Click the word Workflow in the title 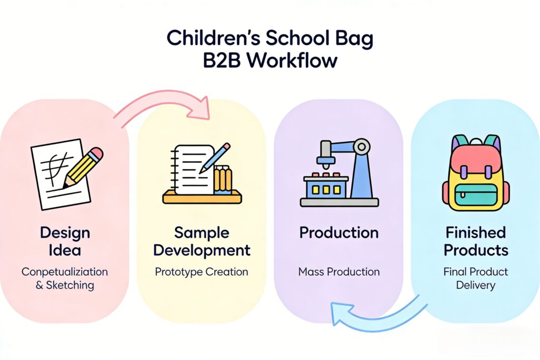click(x=292, y=61)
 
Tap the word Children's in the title click(x=213, y=38)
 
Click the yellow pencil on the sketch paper click(x=83, y=168)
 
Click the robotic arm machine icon click(x=339, y=172)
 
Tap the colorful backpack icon click(x=476, y=173)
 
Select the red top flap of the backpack click(x=476, y=158)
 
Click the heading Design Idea click(x=65, y=241)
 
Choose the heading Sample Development click(x=202, y=241)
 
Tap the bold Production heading click(x=339, y=233)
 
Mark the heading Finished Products click(x=476, y=241)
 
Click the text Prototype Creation click(x=201, y=272)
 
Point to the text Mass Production click(x=339, y=271)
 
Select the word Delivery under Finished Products click(x=476, y=285)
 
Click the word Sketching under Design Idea click(x=70, y=285)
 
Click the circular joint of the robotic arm click(x=362, y=147)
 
